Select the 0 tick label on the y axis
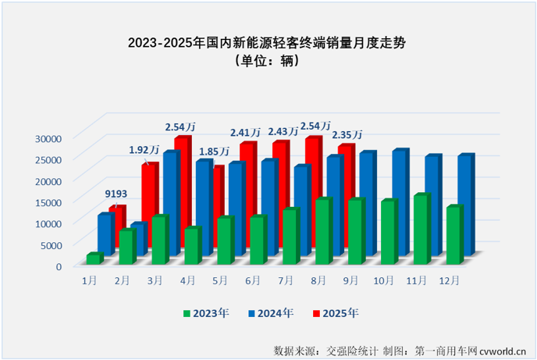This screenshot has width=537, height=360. [x=58, y=266]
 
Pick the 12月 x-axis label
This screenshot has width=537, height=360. [x=450, y=279]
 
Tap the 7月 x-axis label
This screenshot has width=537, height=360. [x=286, y=279]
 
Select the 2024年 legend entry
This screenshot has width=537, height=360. [x=271, y=313]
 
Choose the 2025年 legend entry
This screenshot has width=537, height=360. [x=336, y=313]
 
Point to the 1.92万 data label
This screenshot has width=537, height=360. [x=144, y=149]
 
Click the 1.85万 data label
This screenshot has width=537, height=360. [x=213, y=151]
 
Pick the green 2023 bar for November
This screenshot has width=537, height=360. [x=421, y=229]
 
